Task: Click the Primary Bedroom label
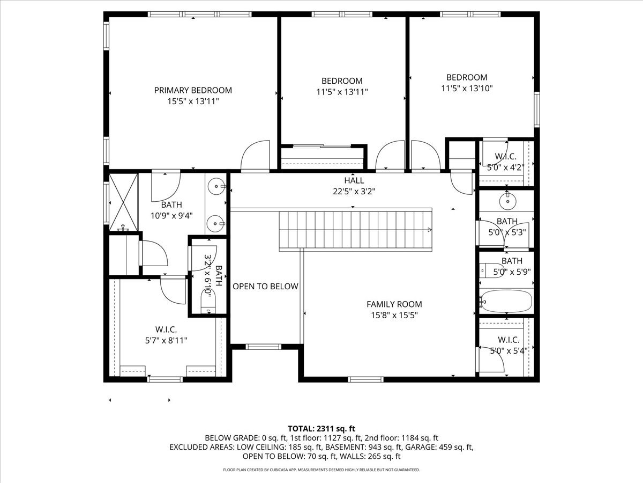pos(193,90)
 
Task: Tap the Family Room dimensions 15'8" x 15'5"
pos(394,315)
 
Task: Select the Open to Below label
pos(265,287)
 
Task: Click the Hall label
pos(354,180)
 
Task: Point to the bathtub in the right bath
pos(506,301)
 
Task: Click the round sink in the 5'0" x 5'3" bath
pos(506,202)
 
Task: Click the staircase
pos(355,230)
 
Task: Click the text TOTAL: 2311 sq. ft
pos(322,428)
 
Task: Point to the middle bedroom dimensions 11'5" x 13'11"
pos(342,92)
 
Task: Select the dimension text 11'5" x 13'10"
pos(467,88)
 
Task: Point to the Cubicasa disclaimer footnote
pos(322,470)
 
